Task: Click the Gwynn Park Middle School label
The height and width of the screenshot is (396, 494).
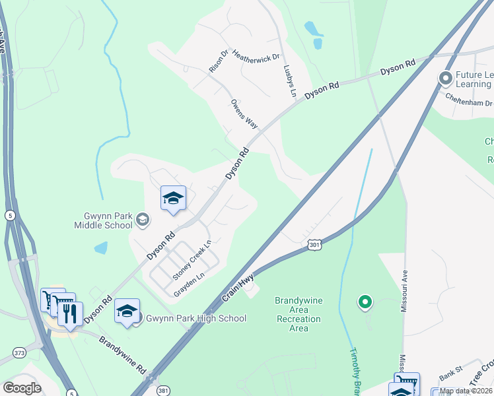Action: point(108,220)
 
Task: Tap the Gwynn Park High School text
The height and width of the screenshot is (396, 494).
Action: point(196,319)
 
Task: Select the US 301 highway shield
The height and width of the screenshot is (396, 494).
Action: point(315,245)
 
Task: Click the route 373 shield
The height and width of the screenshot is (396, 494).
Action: point(20,354)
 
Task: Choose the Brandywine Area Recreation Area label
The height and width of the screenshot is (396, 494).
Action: point(299,314)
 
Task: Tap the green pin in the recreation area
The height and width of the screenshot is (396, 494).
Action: point(364,302)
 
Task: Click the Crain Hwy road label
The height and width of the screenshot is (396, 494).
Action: point(238,289)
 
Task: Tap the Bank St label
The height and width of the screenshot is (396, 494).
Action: point(450,374)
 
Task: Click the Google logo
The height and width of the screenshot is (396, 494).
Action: point(22,388)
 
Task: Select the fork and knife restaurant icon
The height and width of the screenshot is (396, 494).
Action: point(70,312)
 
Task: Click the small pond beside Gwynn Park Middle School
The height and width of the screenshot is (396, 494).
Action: point(100,248)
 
